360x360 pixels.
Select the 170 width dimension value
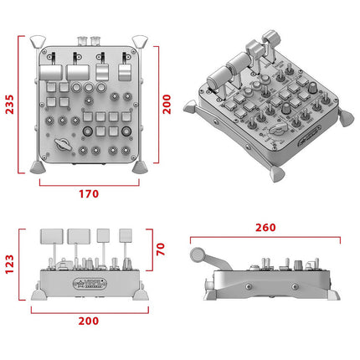pos(89,193)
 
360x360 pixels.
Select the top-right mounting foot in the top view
pos(141,42)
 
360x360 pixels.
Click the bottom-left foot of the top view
pos(36,165)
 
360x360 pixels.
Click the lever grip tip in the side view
pos(199,255)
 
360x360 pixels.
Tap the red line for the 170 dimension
pos(89,182)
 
